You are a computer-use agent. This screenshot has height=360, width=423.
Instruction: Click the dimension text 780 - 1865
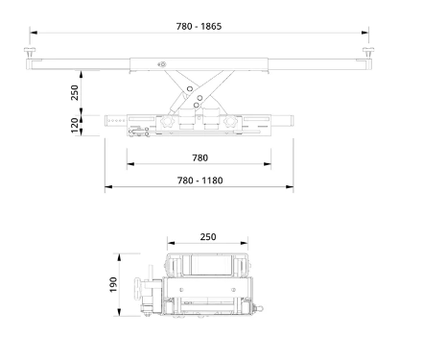[199, 26]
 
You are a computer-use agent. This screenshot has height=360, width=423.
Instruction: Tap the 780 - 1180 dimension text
[200, 180]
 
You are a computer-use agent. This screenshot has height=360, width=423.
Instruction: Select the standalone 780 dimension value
[200, 157]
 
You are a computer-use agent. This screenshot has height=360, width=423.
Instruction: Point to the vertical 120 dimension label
[75, 125]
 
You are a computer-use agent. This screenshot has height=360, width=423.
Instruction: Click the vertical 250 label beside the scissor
[75, 92]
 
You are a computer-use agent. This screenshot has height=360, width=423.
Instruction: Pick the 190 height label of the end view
[113, 284]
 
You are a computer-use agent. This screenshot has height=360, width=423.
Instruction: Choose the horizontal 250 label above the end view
[208, 237]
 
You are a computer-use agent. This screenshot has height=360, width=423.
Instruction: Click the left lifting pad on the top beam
[30, 52]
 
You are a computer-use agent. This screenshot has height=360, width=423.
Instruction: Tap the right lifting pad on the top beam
[368, 52]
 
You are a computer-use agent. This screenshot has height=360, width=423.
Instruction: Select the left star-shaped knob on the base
[166, 122]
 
